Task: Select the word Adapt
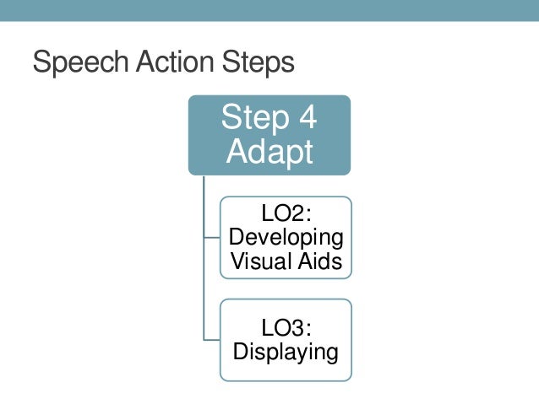click(x=269, y=152)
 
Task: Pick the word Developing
click(x=286, y=238)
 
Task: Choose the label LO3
click(x=281, y=326)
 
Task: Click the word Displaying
click(x=286, y=350)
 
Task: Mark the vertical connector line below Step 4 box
click(x=204, y=253)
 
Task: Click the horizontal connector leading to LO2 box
click(x=212, y=239)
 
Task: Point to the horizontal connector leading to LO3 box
click(x=212, y=338)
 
